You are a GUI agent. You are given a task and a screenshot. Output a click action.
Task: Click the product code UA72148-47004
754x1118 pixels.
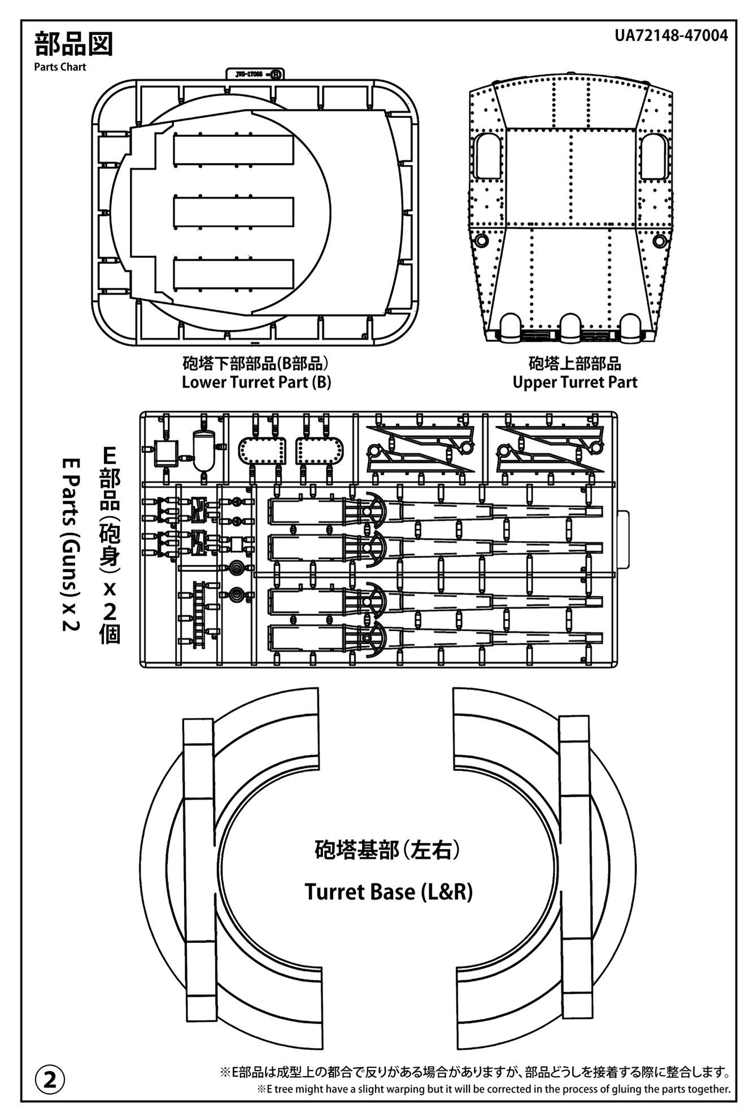pos(672,36)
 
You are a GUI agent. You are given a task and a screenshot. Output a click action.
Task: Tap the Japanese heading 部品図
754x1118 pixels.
pos(73,44)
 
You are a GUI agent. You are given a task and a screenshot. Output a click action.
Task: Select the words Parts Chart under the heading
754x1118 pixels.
pos(60,67)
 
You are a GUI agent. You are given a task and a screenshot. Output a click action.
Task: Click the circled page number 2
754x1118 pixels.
pos(50,1081)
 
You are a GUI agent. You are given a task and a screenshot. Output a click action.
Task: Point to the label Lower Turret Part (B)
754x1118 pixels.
pos(256,382)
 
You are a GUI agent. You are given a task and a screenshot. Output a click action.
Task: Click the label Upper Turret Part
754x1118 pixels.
pos(575,382)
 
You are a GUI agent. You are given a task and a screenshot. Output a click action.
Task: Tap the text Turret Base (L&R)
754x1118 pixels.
pos(389,892)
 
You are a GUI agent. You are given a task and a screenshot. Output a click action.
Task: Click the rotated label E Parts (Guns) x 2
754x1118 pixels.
pos(72,544)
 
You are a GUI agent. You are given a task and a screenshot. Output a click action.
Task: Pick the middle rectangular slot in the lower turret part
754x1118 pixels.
pos(234,211)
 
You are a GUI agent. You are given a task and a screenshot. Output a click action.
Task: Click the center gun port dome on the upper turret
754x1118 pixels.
pos(571,326)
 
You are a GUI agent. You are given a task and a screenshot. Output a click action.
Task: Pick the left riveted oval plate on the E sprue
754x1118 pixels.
pos(262,451)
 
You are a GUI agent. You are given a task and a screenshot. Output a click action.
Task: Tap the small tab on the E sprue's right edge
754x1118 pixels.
pos(623,540)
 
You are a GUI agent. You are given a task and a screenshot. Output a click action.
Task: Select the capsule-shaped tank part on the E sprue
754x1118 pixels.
pos(204,449)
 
